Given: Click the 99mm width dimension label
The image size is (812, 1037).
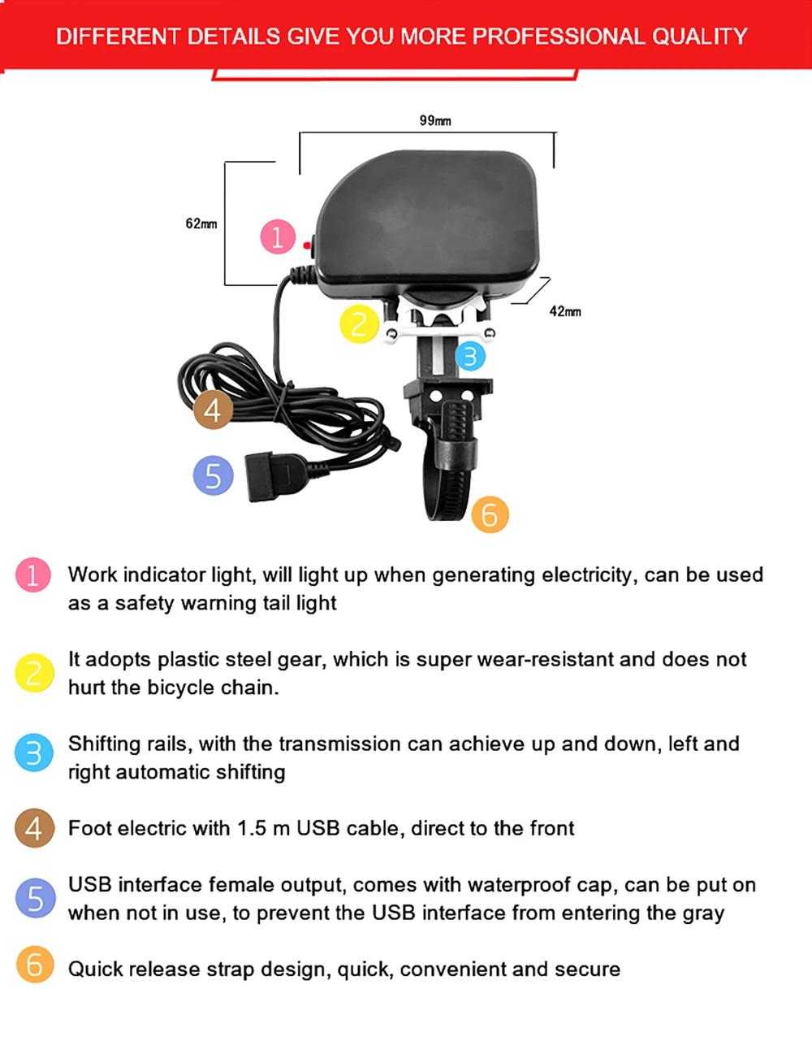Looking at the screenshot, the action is pyautogui.click(x=435, y=120).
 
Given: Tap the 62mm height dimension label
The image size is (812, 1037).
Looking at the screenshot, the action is pyautogui.click(x=201, y=223).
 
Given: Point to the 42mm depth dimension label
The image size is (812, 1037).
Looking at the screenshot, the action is pyautogui.click(x=565, y=311).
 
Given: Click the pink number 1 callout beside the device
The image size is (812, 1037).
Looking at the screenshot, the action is pyautogui.click(x=278, y=236).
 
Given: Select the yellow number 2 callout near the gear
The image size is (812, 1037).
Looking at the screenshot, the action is pyautogui.click(x=359, y=323).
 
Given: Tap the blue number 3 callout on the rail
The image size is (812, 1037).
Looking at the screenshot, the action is pyautogui.click(x=470, y=356).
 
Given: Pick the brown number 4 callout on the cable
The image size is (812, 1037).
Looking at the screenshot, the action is pyautogui.click(x=213, y=410).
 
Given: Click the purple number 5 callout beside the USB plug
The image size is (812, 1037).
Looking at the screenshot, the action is pyautogui.click(x=213, y=475).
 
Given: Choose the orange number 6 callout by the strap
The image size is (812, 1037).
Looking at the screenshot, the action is pyautogui.click(x=490, y=514).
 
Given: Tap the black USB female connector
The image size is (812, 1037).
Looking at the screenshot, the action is pyautogui.click(x=275, y=477).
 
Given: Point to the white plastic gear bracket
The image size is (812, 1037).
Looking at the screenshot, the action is pyautogui.click(x=439, y=321).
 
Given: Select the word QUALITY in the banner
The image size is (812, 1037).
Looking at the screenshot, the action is pyautogui.click(x=699, y=37).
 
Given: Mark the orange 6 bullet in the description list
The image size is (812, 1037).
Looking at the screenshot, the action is pyautogui.click(x=35, y=965).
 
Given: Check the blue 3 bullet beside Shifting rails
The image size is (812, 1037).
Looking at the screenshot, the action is pyautogui.click(x=33, y=753).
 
